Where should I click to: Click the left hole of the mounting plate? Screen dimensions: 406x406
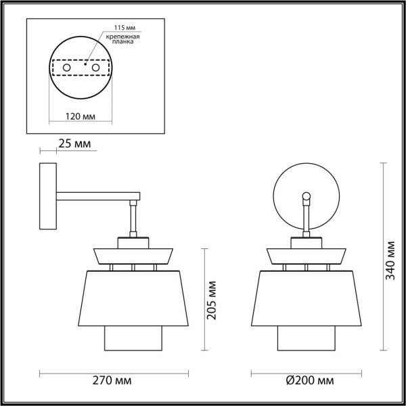pos(66,68)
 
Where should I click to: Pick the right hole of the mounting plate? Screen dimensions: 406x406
pos(96,68)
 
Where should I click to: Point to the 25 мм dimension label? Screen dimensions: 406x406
pos(74,143)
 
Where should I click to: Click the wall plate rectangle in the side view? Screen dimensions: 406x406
pos(47,196)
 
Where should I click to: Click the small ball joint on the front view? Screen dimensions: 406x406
pos(307,198)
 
